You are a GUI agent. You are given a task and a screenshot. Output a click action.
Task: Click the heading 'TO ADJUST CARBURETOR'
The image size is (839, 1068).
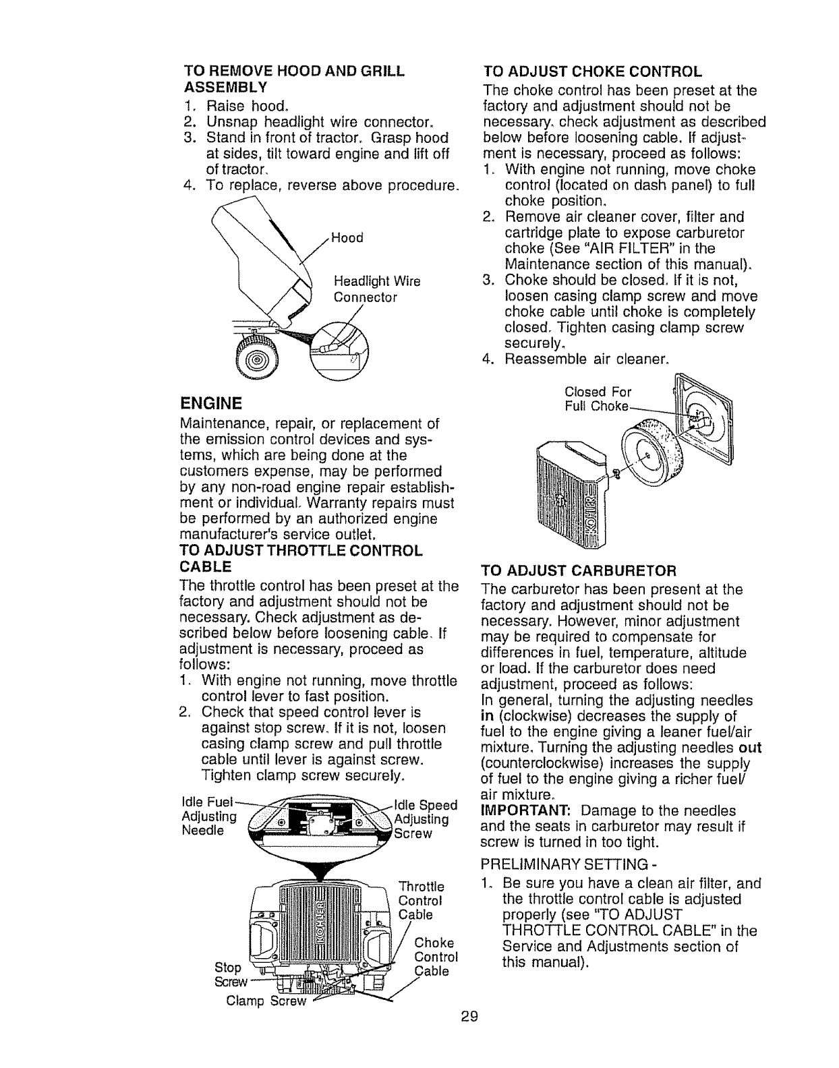point(579,571)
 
